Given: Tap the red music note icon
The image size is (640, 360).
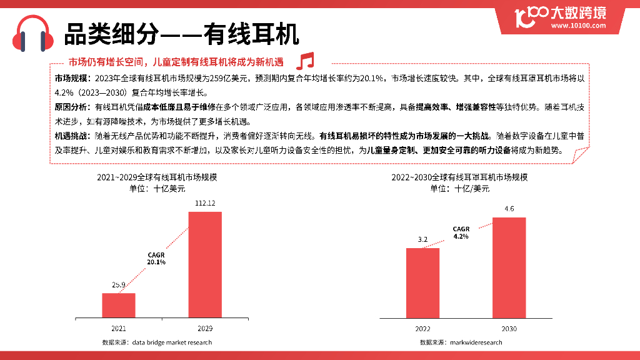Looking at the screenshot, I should [x=305, y=61].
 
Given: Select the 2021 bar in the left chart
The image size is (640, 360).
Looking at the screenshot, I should [x=119, y=305].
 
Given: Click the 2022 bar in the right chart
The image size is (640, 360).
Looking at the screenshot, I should [x=422, y=282].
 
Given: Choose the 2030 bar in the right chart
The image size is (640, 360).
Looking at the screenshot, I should [x=509, y=267].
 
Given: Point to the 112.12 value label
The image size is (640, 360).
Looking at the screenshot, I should [x=205, y=203].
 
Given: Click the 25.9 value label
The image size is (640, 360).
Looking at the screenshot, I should [x=119, y=285].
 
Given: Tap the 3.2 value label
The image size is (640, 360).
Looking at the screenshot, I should [x=422, y=239].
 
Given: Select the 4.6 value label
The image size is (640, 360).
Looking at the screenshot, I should [x=509, y=209].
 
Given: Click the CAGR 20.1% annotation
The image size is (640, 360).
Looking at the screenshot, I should [x=156, y=258].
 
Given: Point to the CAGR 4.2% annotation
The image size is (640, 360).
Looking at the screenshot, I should [x=461, y=233].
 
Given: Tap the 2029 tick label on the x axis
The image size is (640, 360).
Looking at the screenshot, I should [x=205, y=328].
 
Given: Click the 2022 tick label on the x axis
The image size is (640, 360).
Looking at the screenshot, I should [x=422, y=328].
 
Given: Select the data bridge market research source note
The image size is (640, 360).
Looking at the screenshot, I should [x=157, y=342].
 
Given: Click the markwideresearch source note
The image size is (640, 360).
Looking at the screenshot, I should [x=461, y=342].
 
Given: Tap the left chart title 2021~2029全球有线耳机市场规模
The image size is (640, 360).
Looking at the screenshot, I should [x=157, y=177].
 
